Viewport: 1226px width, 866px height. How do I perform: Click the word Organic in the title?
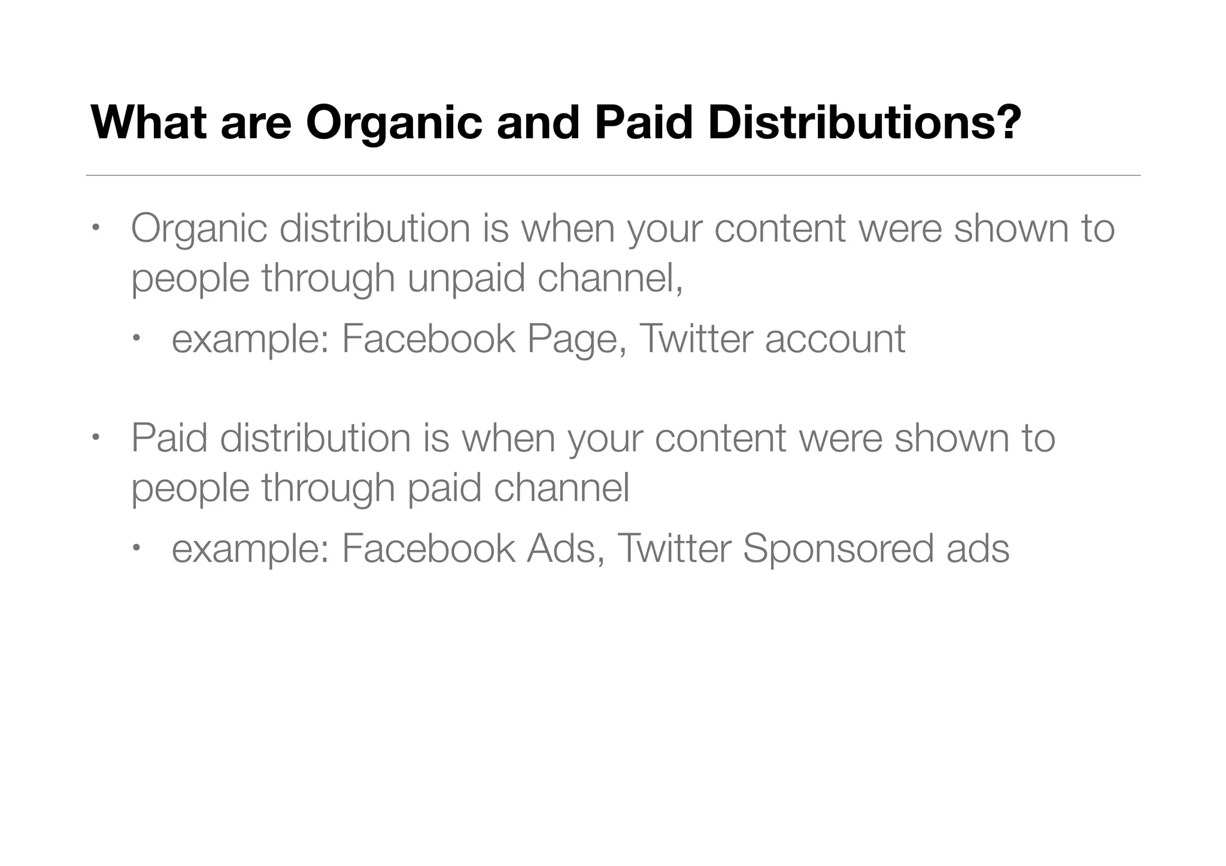[x=393, y=123]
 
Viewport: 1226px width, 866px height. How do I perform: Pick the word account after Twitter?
[x=834, y=339]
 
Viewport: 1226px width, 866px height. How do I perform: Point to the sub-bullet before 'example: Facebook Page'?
[x=136, y=339]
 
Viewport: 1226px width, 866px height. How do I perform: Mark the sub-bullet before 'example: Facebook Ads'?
[x=136, y=548]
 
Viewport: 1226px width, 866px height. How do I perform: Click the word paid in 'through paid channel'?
[x=444, y=488]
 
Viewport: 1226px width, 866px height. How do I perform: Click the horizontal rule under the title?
[x=613, y=175]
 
